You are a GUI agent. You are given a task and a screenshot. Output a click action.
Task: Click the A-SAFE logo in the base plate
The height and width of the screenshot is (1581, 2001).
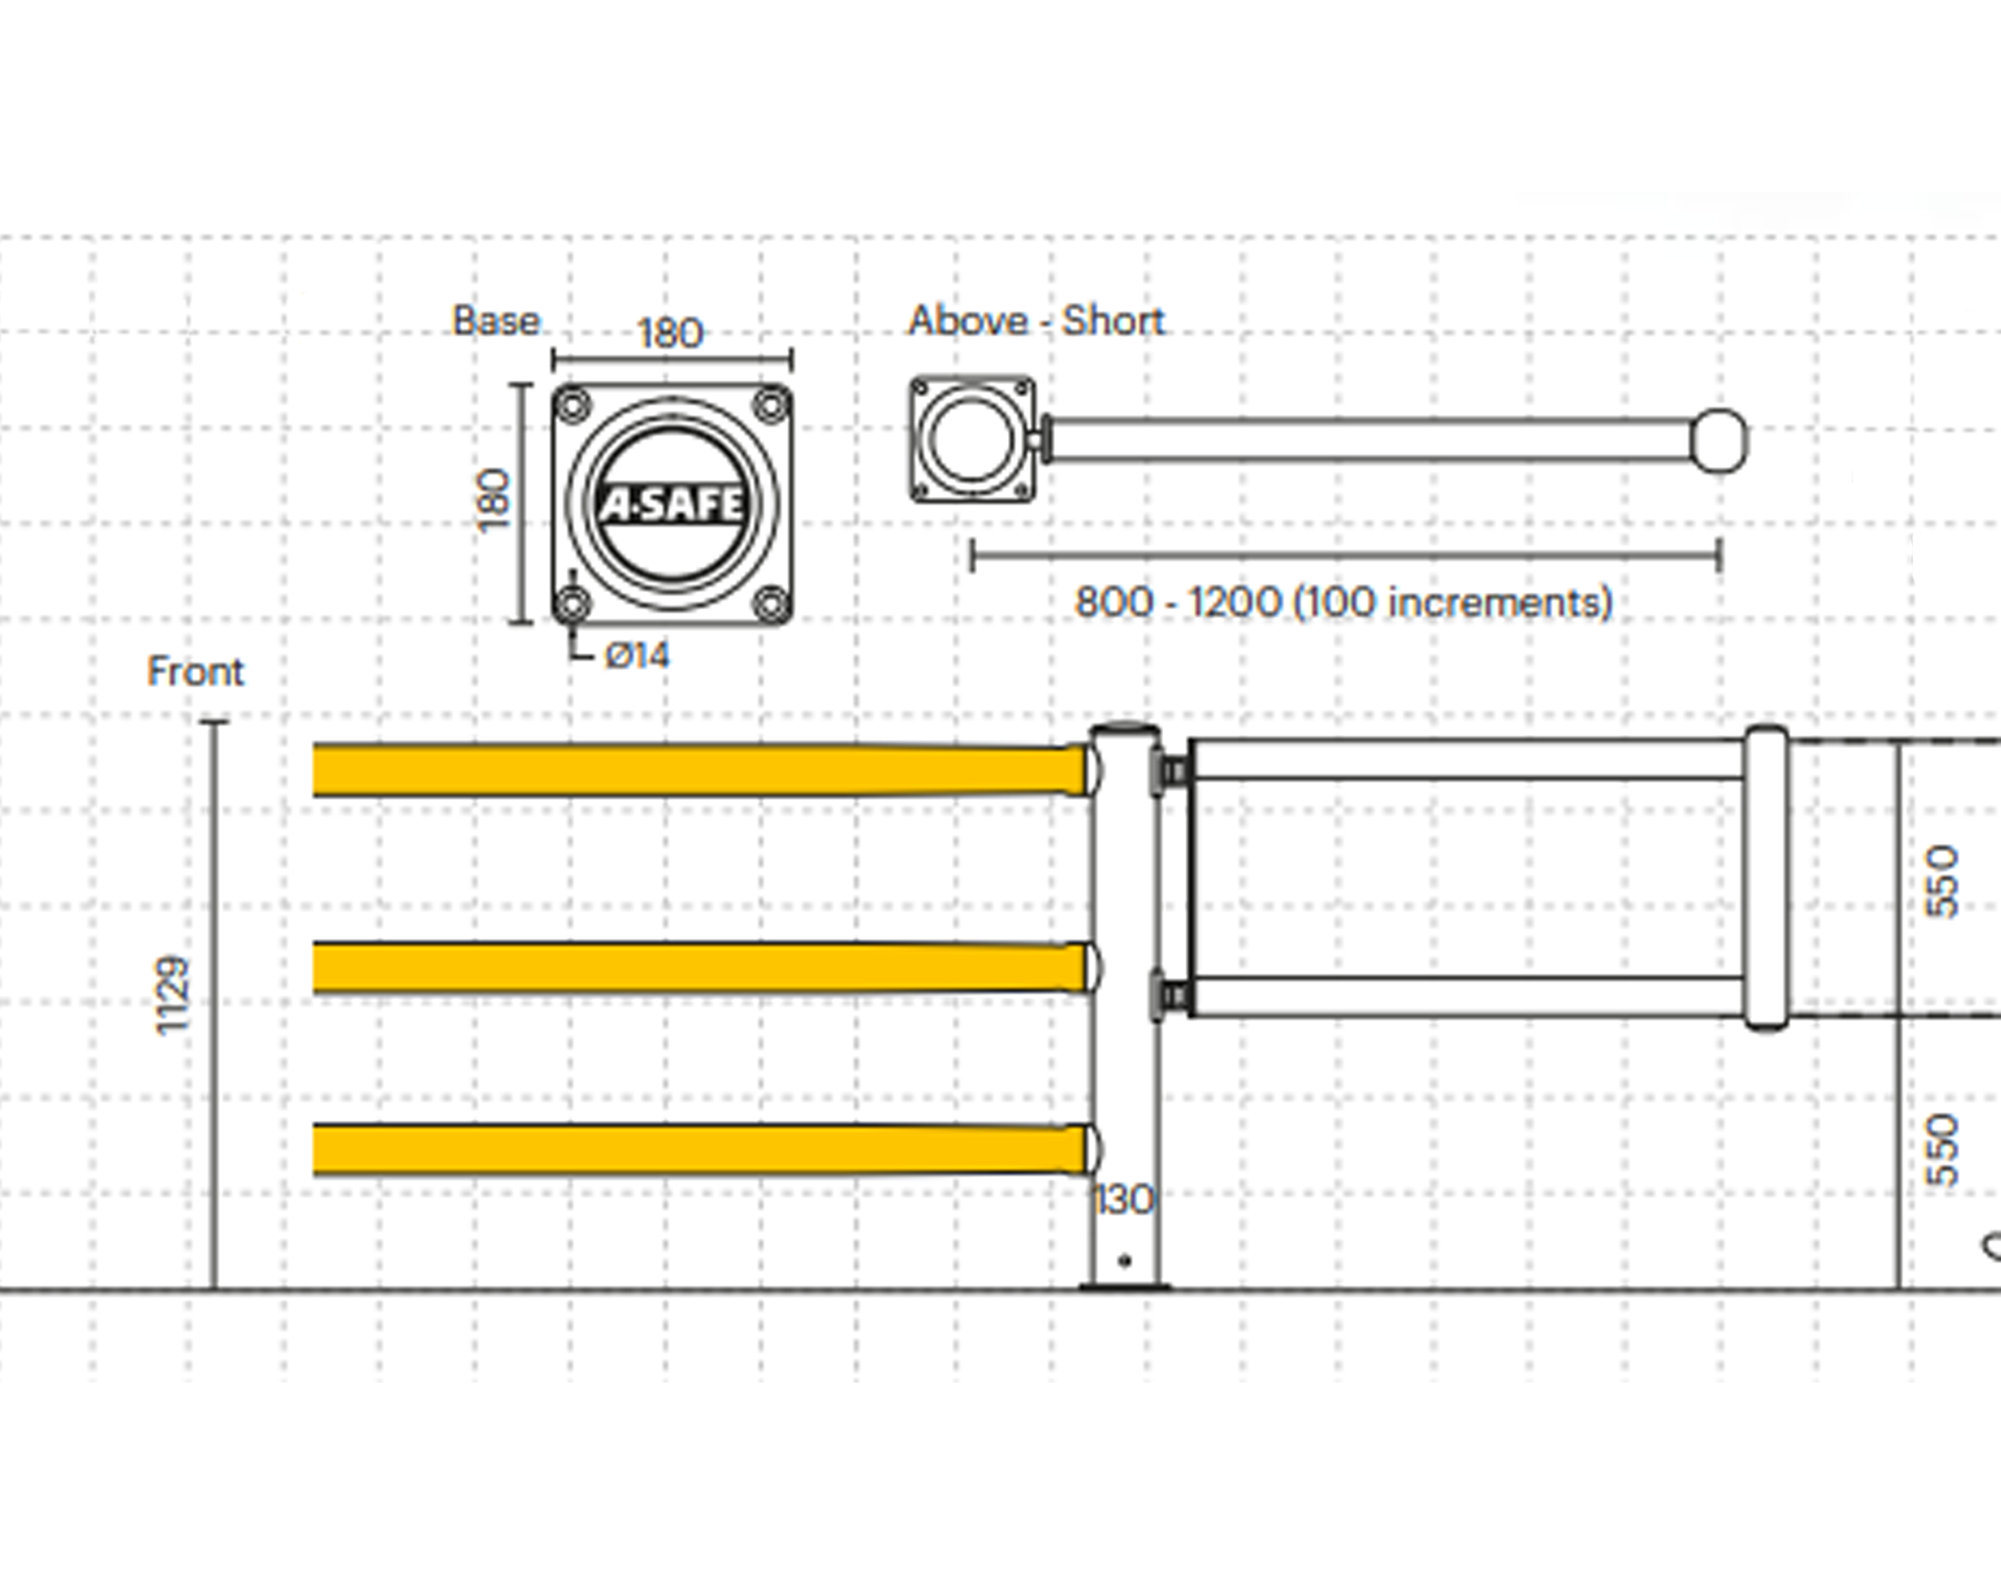tap(672, 505)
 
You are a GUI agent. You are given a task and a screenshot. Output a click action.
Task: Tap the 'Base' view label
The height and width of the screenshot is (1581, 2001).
tap(496, 321)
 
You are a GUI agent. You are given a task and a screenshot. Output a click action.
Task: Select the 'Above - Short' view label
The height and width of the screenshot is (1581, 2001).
tap(1036, 321)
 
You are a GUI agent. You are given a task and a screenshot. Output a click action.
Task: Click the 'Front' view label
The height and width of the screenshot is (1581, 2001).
tap(195, 671)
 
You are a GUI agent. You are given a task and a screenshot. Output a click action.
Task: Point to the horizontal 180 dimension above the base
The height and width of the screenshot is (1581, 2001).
tap(671, 333)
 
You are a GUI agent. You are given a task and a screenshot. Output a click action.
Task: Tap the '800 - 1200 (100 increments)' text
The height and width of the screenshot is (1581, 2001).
tap(1344, 602)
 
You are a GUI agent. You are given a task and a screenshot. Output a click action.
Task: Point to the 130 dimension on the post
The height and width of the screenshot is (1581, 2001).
tap(1124, 1201)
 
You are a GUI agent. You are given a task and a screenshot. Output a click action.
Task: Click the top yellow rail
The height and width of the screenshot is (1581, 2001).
tap(694, 769)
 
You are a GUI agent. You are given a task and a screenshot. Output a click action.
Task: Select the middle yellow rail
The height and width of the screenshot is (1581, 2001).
tap(694, 967)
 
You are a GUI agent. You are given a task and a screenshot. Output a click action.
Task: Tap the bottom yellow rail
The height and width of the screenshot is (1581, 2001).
tap(694, 1150)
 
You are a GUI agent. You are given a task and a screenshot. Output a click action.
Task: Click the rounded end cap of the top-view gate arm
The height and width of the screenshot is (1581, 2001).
tap(1719, 440)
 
